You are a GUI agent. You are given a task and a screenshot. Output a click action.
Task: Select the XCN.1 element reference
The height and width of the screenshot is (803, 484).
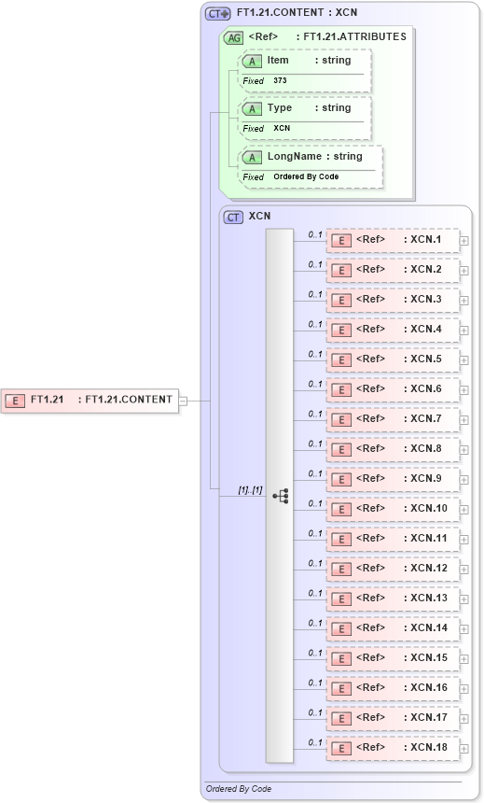click(x=392, y=240)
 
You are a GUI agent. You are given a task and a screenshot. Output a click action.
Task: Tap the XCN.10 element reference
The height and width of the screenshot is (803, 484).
click(x=392, y=509)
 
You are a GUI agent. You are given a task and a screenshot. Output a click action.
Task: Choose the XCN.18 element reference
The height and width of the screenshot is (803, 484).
click(x=392, y=748)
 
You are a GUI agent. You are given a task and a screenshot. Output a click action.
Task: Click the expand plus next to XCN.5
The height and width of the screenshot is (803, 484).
click(x=463, y=359)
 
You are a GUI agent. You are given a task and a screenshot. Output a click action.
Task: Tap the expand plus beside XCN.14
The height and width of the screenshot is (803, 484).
click(x=463, y=628)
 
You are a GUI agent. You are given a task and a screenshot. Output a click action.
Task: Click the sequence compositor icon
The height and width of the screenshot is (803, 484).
click(x=280, y=496)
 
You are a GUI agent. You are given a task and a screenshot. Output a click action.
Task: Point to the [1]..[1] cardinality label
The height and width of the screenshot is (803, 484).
click(x=250, y=489)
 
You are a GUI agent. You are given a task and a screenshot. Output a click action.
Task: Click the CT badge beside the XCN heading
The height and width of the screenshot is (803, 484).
click(x=234, y=217)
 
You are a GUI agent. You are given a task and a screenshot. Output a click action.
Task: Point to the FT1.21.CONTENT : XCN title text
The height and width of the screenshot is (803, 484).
click(x=297, y=13)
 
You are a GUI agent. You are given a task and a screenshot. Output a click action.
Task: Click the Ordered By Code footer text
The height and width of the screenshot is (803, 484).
click(x=239, y=789)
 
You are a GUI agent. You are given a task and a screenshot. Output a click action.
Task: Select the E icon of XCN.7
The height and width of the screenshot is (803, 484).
click(x=341, y=419)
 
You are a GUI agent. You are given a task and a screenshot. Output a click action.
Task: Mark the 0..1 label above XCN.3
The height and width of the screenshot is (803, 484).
click(x=315, y=294)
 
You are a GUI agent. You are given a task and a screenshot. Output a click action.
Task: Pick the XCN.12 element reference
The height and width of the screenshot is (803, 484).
click(x=392, y=569)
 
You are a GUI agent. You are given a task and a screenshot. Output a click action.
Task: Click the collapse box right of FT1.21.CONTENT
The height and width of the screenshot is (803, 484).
click(x=183, y=401)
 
